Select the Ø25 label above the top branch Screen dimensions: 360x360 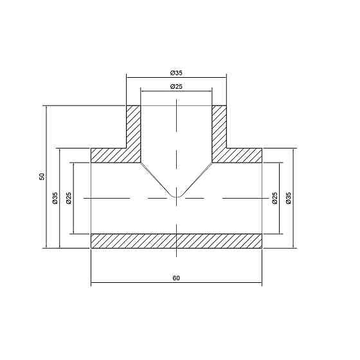click(x=176, y=86)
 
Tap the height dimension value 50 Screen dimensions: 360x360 click(x=42, y=176)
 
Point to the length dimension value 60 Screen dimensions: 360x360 click(x=176, y=278)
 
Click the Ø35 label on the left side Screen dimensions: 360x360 click(x=55, y=198)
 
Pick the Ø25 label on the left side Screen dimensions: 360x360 click(x=69, y=198)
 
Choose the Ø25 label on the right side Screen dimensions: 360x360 click(x=275, y=198)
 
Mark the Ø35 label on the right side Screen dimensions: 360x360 click(x=289, y=198)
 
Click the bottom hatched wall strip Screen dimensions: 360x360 click(x=176, y=240)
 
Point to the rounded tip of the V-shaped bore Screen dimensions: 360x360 click(x=176, y=194)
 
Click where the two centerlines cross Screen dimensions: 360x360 click(x=176, y=199)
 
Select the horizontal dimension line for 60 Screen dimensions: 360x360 click(x=129, y=283)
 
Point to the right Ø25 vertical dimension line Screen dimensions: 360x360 click(x=280, y=219)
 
